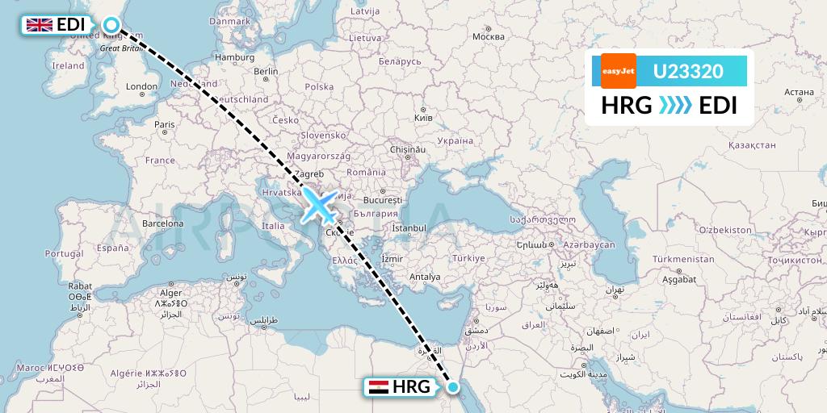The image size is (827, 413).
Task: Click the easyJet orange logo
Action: coord(618,71)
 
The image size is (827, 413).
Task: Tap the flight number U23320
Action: coord(687,72)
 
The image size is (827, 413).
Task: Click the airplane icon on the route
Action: coord(321,206)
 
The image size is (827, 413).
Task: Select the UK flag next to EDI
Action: coord(39,25)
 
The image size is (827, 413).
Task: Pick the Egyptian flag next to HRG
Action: coord(377,387)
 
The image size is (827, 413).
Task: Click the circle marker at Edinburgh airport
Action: coord(110,26)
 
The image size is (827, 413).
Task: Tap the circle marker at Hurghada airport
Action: coord(453,388)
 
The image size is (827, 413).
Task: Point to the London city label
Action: coord(141,86)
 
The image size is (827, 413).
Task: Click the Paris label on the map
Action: coord(165,124)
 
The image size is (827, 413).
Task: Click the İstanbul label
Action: coord(409,228)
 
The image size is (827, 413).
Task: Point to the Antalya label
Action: coord(425,277)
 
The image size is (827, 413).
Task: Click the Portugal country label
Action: coord(64,253)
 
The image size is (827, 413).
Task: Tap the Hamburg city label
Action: coord(235,57)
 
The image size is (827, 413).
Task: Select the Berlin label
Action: coord(266,71)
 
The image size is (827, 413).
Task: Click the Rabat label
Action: coord(78,286)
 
